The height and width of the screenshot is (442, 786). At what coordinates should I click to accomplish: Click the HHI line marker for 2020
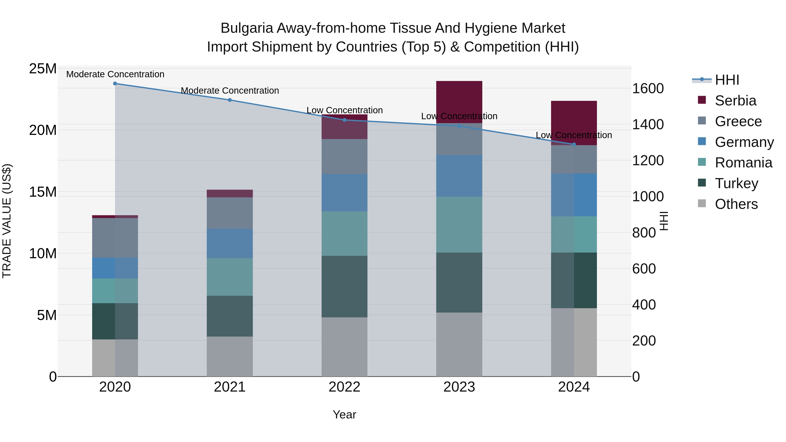click(x=115, y=84)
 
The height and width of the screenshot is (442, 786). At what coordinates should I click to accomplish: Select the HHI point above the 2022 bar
click(x=345, y=120)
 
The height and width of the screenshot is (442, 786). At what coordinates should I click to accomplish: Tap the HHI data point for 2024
click(x=574, y=144)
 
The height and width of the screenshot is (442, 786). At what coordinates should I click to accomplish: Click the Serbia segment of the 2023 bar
click(x=459, y=102)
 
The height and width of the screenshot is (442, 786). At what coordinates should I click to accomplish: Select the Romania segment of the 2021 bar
click(x=230, y=277)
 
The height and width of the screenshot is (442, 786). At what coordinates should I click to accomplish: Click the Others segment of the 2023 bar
click(x=459, y=344)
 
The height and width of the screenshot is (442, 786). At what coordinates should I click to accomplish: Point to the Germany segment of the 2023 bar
click(x=459, y=176)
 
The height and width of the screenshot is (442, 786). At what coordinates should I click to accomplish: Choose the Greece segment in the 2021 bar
click(x=230, y=213)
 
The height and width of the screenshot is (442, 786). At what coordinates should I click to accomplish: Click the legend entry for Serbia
click(x=735, y=101)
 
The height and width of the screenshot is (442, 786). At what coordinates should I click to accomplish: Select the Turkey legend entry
click(x=736, y=183)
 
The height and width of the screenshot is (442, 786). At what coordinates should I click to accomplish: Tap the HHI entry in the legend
click(x=727, y=80)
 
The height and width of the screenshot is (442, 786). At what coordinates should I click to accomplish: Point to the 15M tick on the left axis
click(x=43, y=192)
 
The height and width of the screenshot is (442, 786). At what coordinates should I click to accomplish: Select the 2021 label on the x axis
click(x=230, y=387)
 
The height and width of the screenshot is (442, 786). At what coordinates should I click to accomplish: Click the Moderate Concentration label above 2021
click(x=230, y=91)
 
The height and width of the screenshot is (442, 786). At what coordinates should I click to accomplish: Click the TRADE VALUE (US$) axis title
click(x=7, y=221)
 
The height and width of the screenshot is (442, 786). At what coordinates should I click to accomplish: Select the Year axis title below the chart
click(x=345, y=414)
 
